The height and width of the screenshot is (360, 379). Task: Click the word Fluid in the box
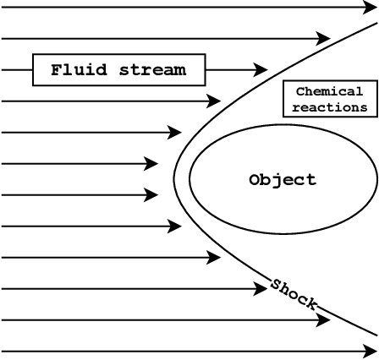76,70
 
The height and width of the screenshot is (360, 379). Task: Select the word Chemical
329,91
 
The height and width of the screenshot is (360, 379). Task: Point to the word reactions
329,107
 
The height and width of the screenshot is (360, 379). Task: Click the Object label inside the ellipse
283,180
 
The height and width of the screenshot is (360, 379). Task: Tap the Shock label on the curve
294,293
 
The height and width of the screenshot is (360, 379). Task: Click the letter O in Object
255,180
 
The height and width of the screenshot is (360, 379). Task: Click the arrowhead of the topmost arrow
368,8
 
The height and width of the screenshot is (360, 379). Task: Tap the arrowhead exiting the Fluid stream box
261,70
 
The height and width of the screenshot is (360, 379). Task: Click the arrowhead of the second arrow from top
324,39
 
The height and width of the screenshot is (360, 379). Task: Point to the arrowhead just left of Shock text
261,289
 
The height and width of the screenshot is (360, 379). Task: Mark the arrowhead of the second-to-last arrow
324,320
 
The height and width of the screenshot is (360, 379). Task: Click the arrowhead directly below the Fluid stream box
214,101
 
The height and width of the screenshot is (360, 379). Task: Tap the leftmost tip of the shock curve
173,179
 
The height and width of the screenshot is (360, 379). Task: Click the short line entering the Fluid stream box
17,70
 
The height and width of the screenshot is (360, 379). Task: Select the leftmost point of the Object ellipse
189,179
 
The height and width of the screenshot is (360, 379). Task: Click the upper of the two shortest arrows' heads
152,164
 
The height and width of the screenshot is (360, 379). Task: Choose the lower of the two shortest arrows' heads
152,195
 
